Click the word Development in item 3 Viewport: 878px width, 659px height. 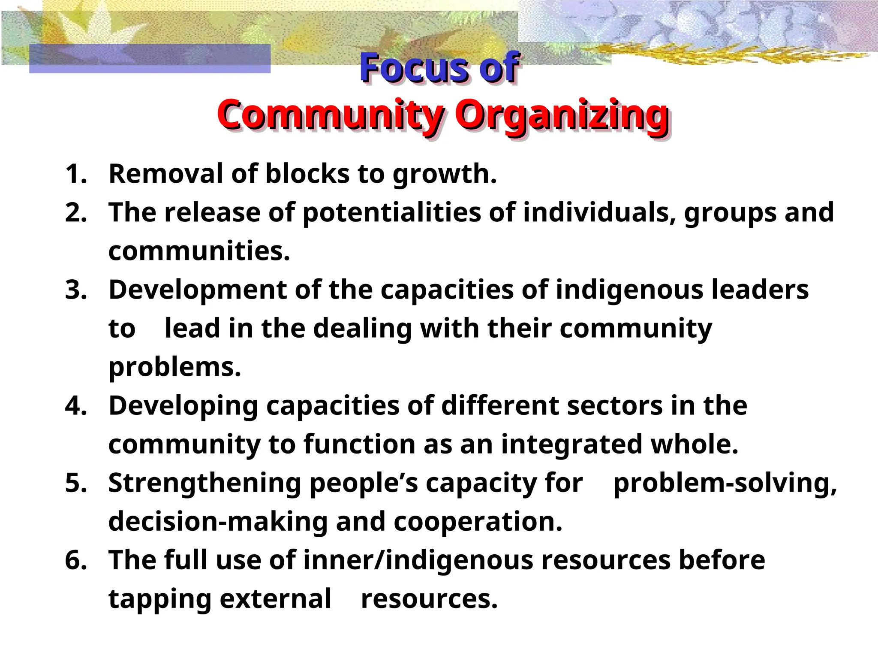point(197,290)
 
